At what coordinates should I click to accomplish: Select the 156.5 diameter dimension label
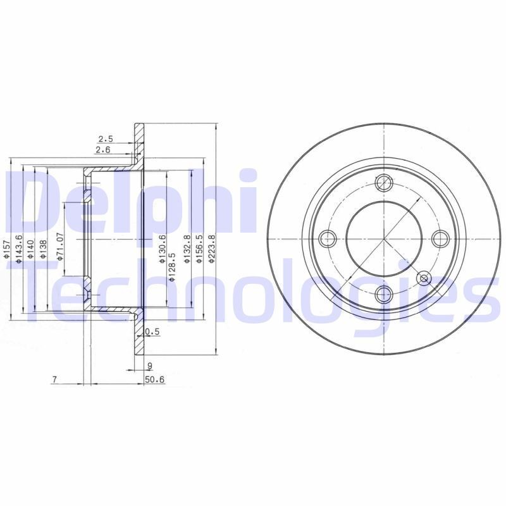(x=199, y=248)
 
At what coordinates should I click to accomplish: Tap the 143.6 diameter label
(x=20, y=248)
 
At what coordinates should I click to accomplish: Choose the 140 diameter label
(x=30, y=250)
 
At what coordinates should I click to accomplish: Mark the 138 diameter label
(x=42, y=250)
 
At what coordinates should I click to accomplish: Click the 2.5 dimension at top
(x=105, y=139)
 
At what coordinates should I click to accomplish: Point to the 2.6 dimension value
(x=102, y=149)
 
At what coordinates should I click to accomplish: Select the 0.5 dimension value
(x=152, y=332)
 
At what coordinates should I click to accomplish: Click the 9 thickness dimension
(x=149, y=365)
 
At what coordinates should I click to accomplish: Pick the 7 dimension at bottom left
(x=56, y=379)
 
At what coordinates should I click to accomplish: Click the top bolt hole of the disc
(x=384, y=183)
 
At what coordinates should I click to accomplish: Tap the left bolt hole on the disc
(x=328, y=238)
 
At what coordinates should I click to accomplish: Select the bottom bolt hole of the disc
(x=384, y=293)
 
